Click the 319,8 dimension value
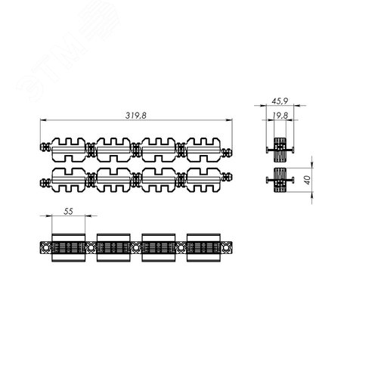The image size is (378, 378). click(x=135, y=116)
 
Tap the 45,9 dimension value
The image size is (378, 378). click(x=280, y=101)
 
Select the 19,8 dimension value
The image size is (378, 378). click(x=280, y=116)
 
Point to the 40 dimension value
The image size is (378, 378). click(x=308, y=180)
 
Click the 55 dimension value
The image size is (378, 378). click(x=68, y=211)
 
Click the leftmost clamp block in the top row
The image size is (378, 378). click(x=69, y=150)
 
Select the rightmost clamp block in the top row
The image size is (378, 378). click(x=203, y=150)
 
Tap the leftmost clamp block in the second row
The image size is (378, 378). click(x=69, y=180)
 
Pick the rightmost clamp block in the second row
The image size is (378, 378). click(x=203, y=180)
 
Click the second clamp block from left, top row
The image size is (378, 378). click(x=113, y=150)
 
